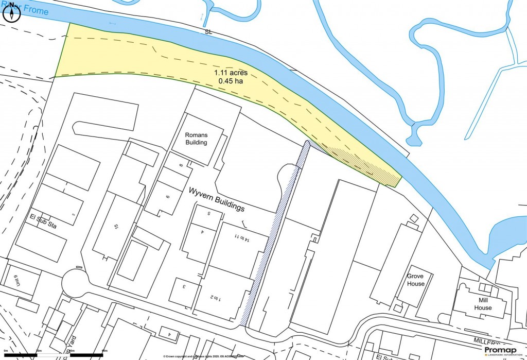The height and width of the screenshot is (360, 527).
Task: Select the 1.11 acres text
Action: (x=231, y=73)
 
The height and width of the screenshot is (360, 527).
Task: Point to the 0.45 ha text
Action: (x=231, y=81)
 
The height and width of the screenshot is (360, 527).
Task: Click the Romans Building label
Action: (x=196, y=139)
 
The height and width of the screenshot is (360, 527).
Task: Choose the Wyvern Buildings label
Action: (x=217, y=199)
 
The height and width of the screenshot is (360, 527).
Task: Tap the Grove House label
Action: (x=415, y=280)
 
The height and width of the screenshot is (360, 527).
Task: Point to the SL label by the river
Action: (x=208, y=32)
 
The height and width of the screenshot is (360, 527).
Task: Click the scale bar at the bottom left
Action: (x=54, y=355)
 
